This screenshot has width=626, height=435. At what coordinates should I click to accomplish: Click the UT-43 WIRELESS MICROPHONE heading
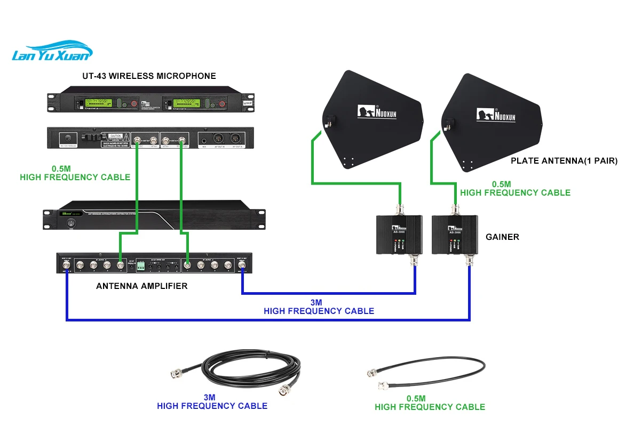coord(149,76)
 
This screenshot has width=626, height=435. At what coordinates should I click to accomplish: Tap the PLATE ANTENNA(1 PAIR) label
coord(564,160)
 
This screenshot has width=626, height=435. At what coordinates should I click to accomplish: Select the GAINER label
coord(502,237)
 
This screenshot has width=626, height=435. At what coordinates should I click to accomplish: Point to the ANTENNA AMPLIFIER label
coord(141,286)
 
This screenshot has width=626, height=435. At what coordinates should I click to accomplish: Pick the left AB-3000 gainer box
coord(399,235)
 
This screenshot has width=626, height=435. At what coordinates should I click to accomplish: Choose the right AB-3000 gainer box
coord(454,235)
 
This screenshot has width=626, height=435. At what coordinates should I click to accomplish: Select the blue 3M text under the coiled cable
coord(209,398)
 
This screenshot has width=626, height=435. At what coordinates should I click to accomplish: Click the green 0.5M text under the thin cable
coord(416,398)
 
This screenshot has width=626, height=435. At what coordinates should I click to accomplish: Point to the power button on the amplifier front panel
coord(69,224)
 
